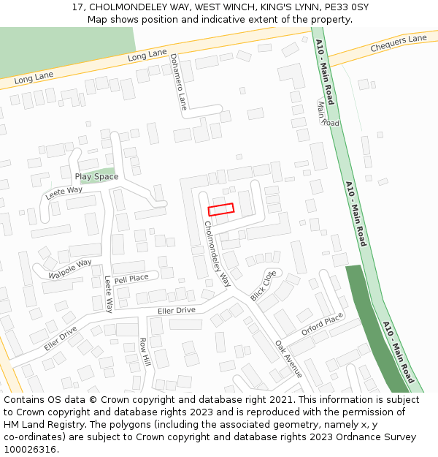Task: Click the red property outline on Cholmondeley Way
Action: point(221,209)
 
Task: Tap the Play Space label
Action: point(96,177)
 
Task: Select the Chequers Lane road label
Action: point(398,44)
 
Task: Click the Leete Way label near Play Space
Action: point(64,193)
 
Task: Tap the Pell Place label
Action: point(131,278)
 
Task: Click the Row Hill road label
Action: point(145,352)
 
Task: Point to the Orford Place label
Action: point(322,323)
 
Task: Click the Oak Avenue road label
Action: point(288,358)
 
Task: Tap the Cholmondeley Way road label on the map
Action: point(215,253)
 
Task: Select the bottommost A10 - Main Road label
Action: point(398,352)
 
